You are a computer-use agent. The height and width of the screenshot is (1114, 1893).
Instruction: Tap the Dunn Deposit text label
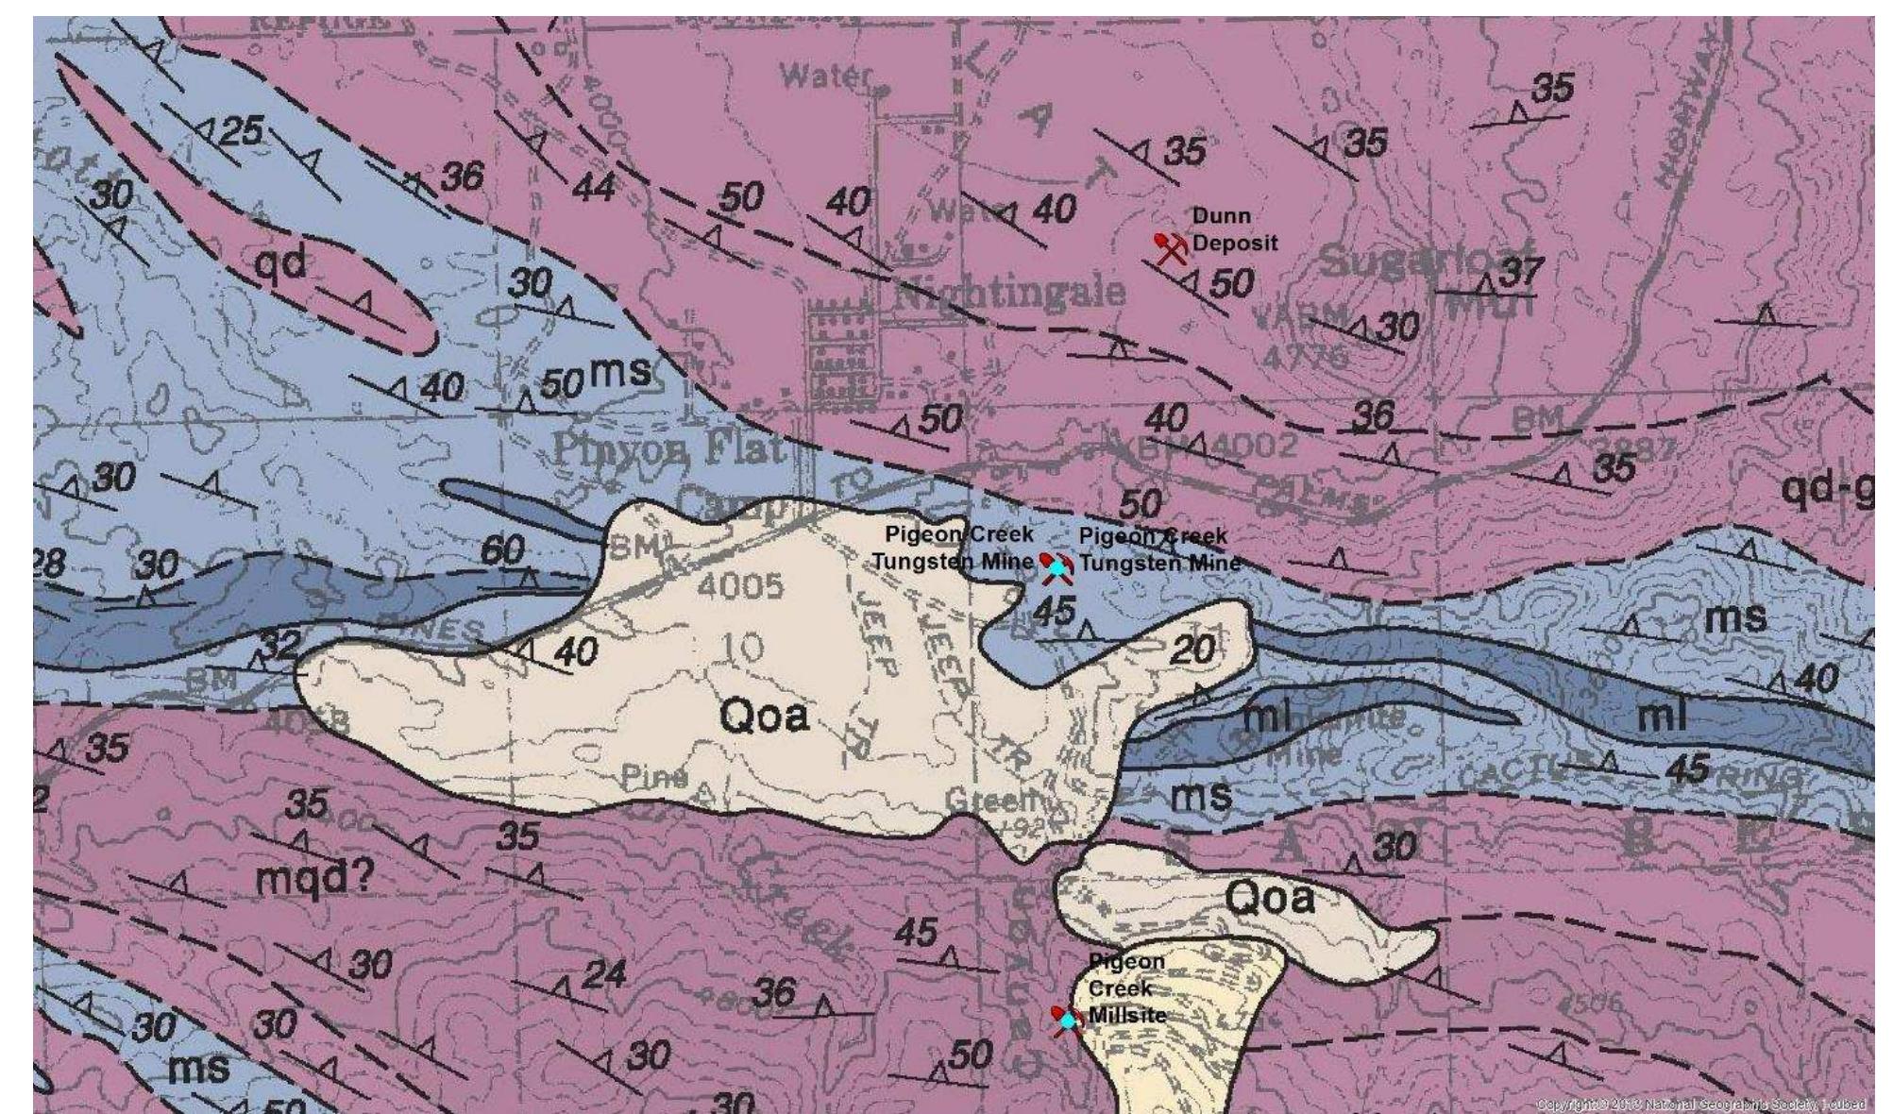[x=1233, y=229]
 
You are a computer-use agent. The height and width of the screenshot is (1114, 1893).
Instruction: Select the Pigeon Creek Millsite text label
[x=1126, y=988]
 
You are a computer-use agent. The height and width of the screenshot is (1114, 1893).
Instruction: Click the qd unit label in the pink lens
[x=281, y=263]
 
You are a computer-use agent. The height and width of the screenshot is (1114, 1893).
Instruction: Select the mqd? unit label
[x=314, y=880]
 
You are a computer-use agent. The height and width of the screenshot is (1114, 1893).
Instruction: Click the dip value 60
[x=503, y=549]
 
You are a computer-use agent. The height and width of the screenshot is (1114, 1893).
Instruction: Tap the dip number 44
[x=594, y=188]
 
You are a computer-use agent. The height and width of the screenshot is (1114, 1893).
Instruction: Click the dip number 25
[x=241, y=130]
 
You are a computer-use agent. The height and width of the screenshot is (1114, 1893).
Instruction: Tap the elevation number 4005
[x=740, y=586]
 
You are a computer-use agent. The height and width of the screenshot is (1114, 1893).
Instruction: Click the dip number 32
[x=279, y=645]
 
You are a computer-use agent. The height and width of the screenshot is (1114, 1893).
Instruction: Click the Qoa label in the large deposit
[x=765, y=715]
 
